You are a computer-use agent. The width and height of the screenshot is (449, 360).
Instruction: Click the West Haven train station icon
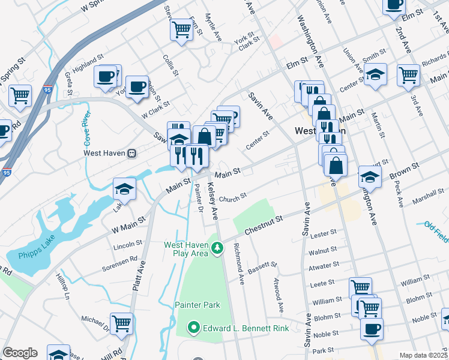(x=131, y=152)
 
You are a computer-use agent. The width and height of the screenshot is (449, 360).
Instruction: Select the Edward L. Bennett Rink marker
(x=194, y=328)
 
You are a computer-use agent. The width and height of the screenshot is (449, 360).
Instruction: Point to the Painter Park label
(x=195, y=305)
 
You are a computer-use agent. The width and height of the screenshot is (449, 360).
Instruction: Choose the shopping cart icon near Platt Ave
(x=122, y=323)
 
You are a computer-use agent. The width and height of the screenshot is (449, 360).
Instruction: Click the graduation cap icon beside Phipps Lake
(x=124, y=189)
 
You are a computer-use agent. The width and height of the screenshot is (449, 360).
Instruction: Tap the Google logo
(x=20, y=353)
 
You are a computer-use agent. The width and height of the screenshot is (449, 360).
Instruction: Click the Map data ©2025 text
(x=423, y=355)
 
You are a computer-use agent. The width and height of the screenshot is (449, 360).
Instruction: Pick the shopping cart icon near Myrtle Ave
(x=181, y=29)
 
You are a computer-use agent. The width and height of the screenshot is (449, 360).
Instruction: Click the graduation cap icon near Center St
(x=376, y=74)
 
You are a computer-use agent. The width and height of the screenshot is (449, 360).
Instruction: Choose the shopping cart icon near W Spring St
(x=20, y=95)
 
